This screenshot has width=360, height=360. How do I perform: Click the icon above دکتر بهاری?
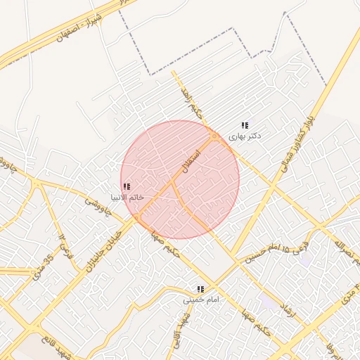coord(245,125)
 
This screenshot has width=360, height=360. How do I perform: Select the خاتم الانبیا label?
coord(127,197)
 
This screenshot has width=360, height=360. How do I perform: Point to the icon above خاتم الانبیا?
coord(127,186)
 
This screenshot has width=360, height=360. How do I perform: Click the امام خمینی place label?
coord(202,300)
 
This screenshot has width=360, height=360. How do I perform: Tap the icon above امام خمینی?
coord(201,289)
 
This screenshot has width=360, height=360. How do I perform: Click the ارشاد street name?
coord(289,314)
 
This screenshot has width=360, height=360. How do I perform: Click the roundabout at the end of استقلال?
coord(214,136)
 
